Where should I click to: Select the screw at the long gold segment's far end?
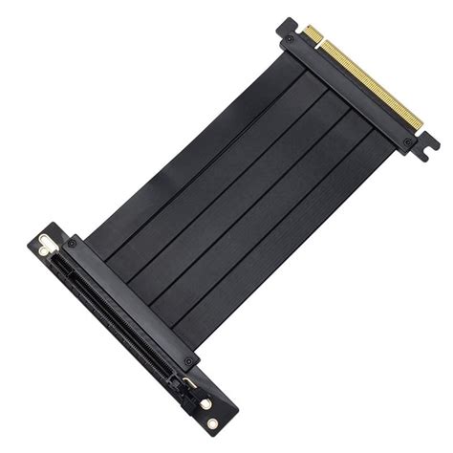408,142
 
